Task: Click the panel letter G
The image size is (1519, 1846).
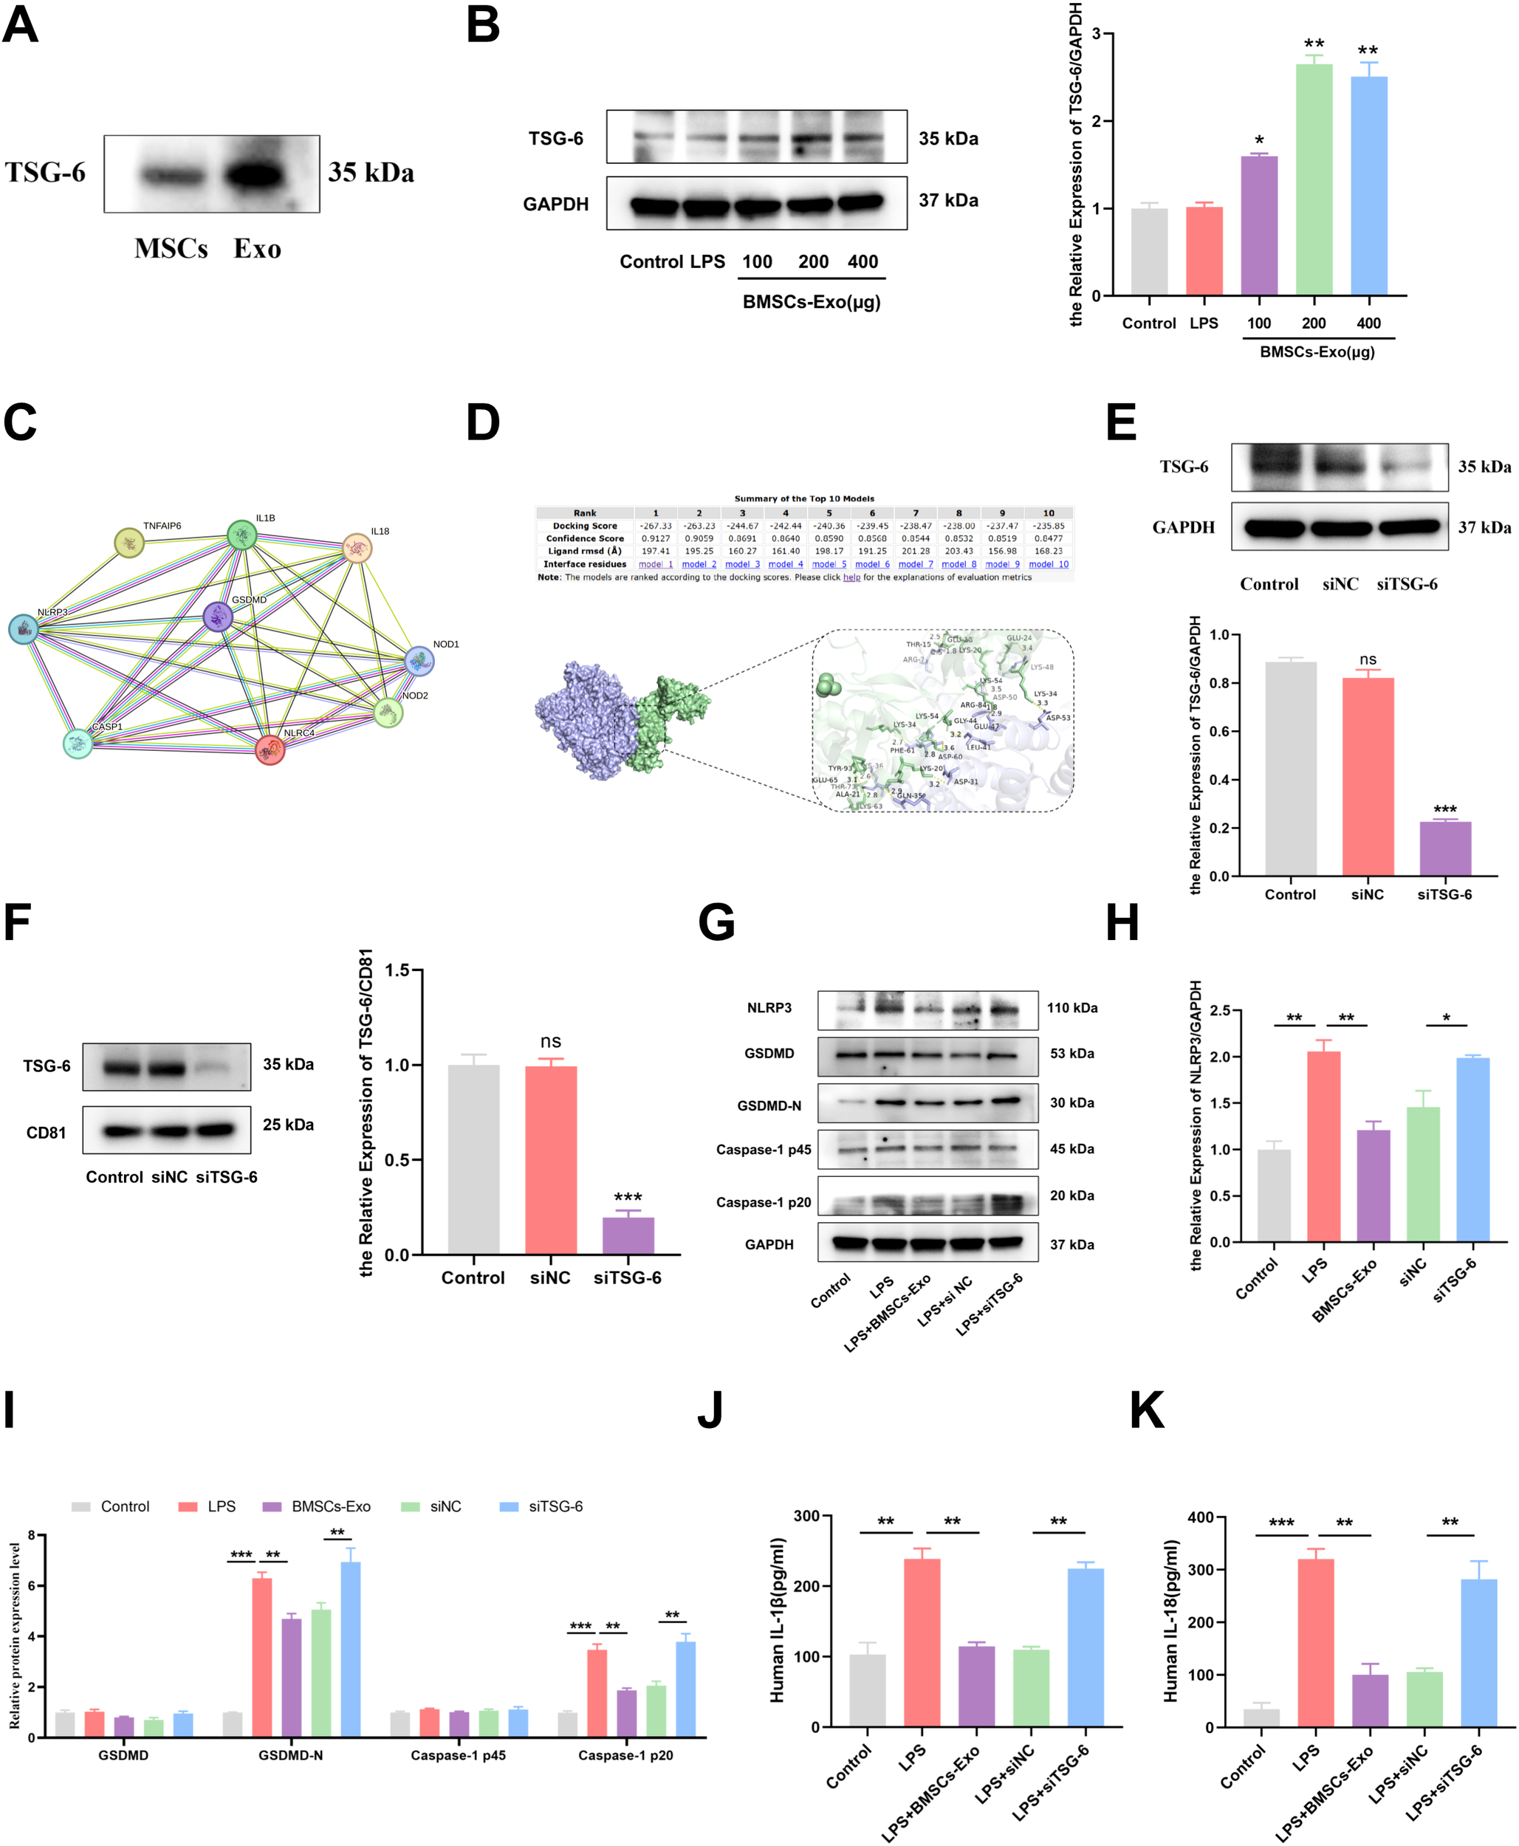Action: click(716, 923)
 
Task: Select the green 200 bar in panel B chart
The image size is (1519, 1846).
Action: click(1314, 179)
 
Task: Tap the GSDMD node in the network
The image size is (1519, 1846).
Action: click(217, 617)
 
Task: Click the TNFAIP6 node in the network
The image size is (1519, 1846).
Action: click(129, 543)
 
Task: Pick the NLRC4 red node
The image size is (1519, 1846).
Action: click(270, 749)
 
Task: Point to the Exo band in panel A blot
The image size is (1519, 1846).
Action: click(254, 175)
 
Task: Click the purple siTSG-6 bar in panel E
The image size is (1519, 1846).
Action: click(1444, 848)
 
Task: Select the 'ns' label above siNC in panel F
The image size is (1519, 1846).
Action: click(550, 1041)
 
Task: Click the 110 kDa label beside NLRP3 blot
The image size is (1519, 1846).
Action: click(1072, 1008)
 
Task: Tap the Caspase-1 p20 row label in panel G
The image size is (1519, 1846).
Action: click(763, 1202)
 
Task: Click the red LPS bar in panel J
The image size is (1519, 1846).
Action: click(922, 1641)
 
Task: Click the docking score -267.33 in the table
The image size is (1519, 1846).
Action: click(654, 526)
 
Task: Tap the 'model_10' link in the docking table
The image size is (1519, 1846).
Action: click(1049, 564)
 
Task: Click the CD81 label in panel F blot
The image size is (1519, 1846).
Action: click(46, 1133)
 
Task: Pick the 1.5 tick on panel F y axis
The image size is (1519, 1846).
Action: click(397, 970)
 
